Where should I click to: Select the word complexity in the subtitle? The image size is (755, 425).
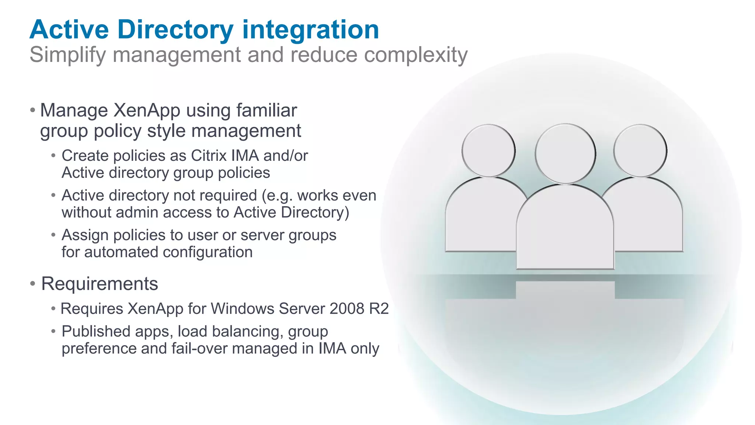pyautogui.click(x=416, y=55)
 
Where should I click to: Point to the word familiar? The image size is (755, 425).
pyautogui.click(x=267, y=110)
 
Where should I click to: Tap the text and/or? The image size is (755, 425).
pyautogui.click(x=286, y=156)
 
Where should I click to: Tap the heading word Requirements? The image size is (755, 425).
pyautogui.click(x=100, y=284)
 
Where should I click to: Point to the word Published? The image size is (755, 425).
pyautogui.click(x=96, y=331)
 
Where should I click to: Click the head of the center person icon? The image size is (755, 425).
pyautogui.click(x=565, y=153)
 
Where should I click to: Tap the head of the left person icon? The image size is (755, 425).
pyautogui.click(x=488, y=151)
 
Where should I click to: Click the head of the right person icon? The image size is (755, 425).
pyautogui.click(x=640, y=151)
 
